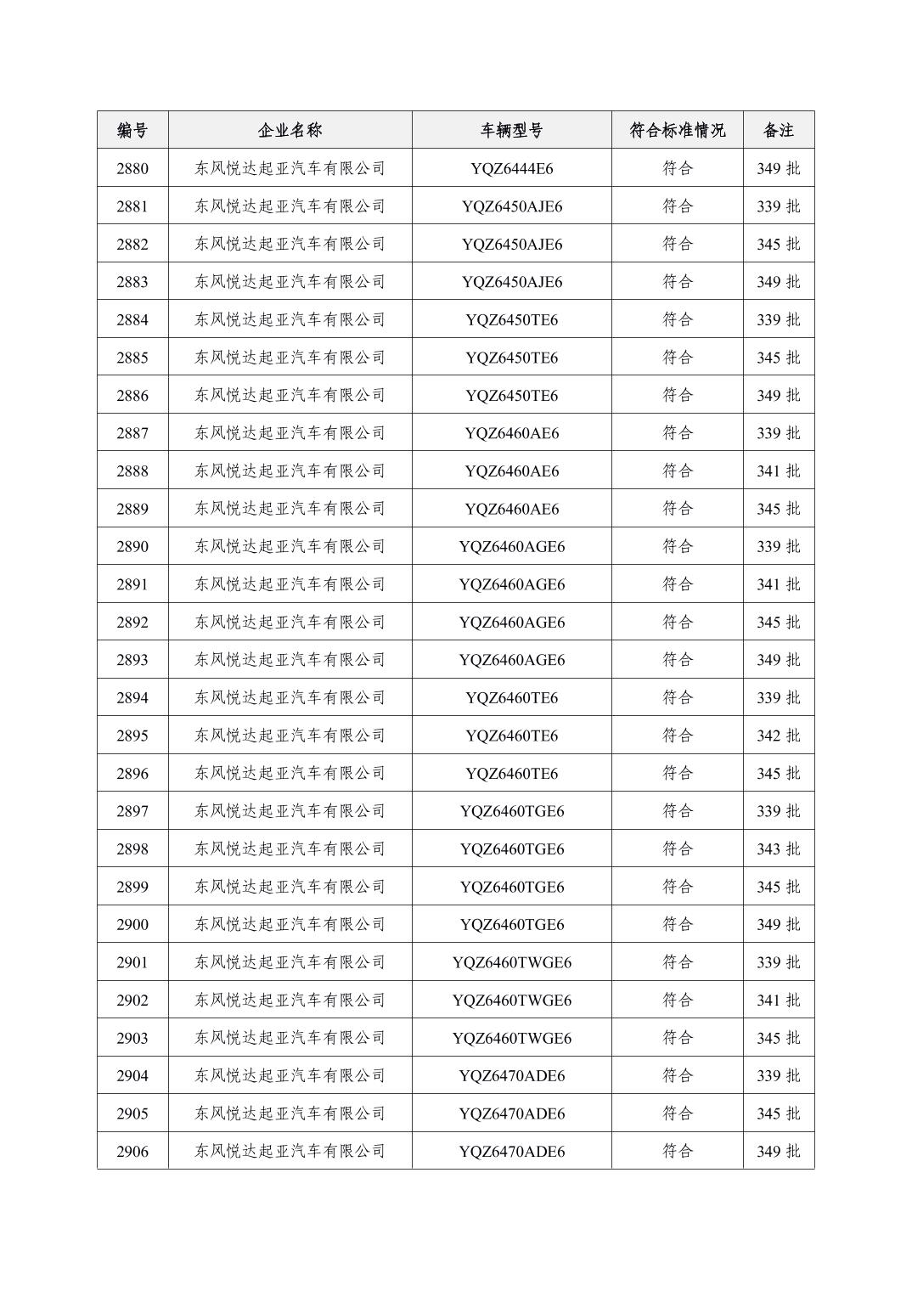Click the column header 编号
132,130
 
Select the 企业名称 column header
290,130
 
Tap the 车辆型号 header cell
511,130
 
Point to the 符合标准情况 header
677,130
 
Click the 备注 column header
778,130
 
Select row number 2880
132,168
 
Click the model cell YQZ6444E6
511,168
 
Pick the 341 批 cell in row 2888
778,471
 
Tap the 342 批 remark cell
778,736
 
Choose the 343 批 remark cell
778,848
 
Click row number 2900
132,924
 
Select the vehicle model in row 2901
511,962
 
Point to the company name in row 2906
290,1151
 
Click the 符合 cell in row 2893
677,660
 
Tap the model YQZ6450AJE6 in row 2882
511,244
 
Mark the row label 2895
132,736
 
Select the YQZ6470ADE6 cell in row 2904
511,1075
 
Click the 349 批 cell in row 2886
778,395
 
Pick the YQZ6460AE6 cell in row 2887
511,433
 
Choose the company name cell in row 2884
290,319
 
